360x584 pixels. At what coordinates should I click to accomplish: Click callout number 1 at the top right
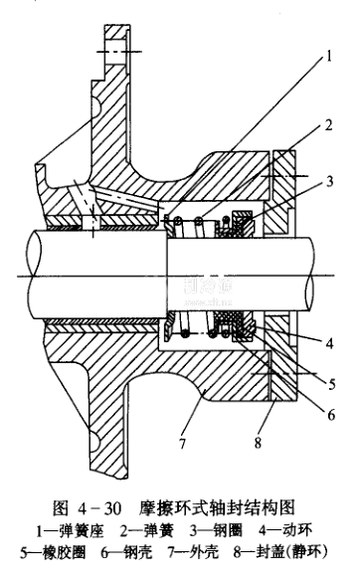[328, 57]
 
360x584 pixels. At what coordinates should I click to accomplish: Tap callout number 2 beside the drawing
[328, 125]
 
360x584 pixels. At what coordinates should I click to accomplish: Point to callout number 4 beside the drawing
[329, 342]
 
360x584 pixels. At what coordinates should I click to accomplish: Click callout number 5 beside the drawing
[331, 384]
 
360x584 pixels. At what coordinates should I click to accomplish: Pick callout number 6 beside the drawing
[331, 414]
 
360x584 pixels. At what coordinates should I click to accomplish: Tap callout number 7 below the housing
[182, 443]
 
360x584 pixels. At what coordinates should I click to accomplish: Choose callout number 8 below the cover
[258, 443]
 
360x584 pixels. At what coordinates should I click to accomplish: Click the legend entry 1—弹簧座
[70, 530]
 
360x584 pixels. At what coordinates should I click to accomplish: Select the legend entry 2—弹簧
[146, 530]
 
